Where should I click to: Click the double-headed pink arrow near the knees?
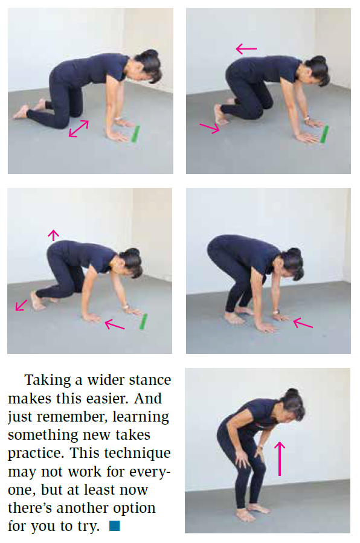(79, 129)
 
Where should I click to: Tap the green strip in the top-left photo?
(136, 133)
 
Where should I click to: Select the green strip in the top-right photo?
(324, 134)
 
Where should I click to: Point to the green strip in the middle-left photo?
(143, 321)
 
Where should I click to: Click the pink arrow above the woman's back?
(246, 49)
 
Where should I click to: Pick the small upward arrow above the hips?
(53, 235)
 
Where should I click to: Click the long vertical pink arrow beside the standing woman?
(280, 458)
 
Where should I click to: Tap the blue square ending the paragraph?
(115, 525)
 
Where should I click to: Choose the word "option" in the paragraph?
(134, 509)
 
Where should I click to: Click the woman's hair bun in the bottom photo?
(293, 393)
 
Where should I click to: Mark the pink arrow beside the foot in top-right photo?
(210, 128)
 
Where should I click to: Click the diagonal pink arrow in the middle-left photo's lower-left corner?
(21, 305)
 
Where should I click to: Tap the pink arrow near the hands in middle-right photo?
(303, 324)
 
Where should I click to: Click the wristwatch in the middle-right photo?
(276, 312)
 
